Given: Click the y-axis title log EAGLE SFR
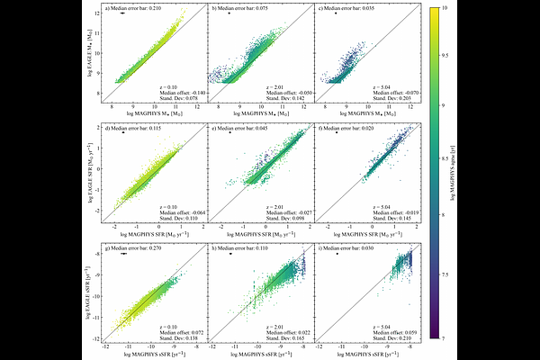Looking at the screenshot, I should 93,172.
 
